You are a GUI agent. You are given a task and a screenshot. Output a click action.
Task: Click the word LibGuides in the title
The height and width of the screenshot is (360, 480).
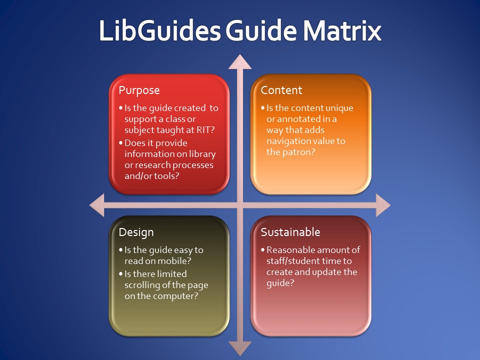[159, 31]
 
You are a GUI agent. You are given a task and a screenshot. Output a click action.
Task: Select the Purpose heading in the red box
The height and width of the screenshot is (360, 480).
[139, 90]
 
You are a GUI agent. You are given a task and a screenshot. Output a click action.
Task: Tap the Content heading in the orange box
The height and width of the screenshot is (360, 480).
[281, 90]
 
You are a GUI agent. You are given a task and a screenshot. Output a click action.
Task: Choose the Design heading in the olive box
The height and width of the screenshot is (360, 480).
[136, 232]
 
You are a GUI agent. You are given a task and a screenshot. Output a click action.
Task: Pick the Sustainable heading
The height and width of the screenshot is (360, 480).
[290, 232]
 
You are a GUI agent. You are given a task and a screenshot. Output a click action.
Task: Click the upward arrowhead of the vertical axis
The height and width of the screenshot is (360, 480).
[240, 61]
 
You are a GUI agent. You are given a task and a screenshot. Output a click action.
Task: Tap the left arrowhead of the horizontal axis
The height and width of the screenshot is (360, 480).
[96, 205]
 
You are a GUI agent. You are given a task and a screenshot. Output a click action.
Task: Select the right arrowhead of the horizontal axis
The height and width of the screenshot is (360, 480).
[383, 205]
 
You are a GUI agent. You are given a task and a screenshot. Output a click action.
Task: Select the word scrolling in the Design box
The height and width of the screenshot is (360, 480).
[143, 285]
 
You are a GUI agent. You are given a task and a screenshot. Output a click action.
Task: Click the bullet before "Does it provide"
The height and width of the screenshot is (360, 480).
[120, 143]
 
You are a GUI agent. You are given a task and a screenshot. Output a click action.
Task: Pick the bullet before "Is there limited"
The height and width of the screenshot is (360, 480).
[120, 274]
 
